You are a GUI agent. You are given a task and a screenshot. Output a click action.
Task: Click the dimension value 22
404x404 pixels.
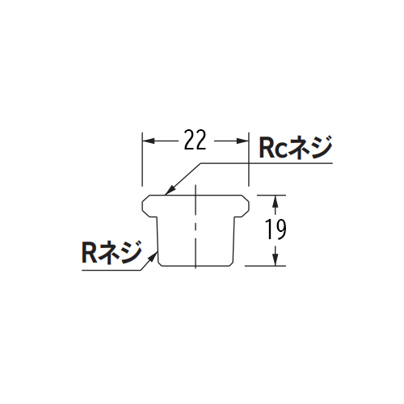pyautogui.click(x=196, y=140)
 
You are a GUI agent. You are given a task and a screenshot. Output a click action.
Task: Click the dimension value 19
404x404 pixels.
pyautogui.click(x=276, y=229)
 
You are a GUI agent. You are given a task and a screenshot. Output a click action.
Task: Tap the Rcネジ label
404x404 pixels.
pyautogui.click(x=296, y=147)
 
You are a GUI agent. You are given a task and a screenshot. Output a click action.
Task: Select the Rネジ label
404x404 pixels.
pyautogui.click(x=112, y=252)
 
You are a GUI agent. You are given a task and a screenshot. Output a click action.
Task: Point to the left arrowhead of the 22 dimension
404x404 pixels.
pyautogui.click(x=149, y=141)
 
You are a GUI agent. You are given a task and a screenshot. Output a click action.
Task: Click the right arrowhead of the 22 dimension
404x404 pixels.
pyautogui.click(x=242, y=141)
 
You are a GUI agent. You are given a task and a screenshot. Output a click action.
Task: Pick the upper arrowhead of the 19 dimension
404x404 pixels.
pyautogui.click(x=275, y=201)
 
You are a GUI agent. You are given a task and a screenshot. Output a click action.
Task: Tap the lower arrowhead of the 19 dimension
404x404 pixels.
pyautogui.click(x=275, y=260)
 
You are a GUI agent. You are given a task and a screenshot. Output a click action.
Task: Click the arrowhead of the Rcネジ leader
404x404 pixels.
pyautogui.click(x=170, y=190)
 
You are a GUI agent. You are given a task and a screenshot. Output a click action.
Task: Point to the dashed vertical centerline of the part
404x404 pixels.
pyautogui.click(x=196, y=226)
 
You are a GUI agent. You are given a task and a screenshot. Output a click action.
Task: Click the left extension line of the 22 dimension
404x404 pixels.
pyautogui.click(x=142, y=159)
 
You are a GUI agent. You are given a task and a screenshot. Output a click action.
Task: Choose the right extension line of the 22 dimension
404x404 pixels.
pyautogui.click(x=248, y=159)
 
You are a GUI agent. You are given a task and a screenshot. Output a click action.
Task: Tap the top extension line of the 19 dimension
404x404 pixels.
pyautogui.click(x=271, y=195)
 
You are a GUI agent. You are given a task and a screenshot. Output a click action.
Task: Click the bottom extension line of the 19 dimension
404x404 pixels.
pyautogui.click(x=265, y=266)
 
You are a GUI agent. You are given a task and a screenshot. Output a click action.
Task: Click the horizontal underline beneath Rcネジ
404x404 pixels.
pyautogui.click(x=267, y=163)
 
